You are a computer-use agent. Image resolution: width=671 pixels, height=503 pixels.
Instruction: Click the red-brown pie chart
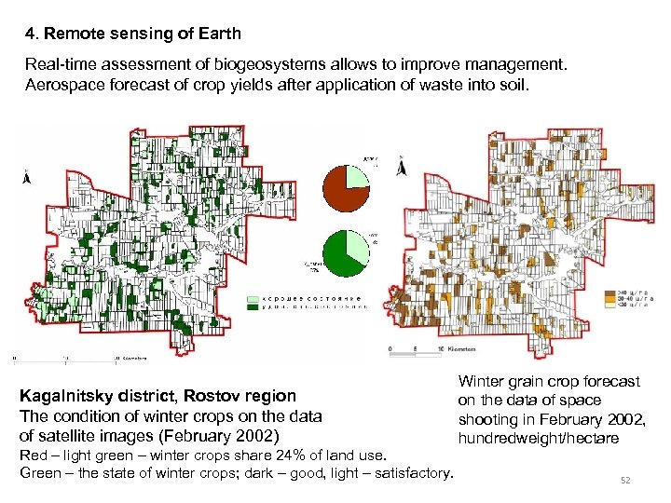tap(346, 187)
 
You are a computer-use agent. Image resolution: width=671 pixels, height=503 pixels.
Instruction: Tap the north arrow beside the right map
tap(401, 168)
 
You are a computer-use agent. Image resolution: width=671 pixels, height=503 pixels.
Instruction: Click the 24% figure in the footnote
tap(265, 455)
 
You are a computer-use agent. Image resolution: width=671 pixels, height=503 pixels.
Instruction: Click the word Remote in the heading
tap(70, 34)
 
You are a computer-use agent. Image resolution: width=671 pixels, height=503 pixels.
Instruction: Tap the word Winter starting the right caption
tap(482, 381)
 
